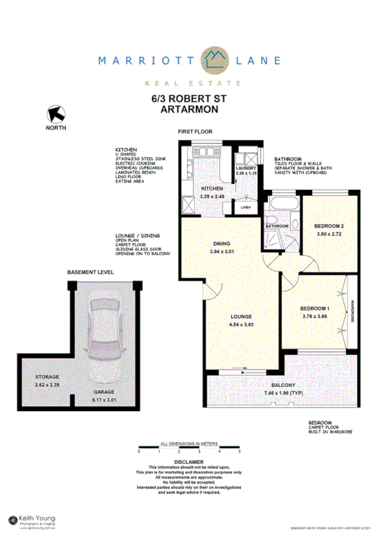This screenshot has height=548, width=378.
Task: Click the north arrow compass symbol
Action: pos(55,114)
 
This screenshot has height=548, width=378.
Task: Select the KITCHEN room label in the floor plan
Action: pos(213,189)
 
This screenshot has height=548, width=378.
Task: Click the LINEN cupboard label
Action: pos(246,206)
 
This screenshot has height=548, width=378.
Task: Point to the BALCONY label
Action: pos(283,385)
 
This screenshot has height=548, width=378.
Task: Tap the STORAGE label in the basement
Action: pos(47,377)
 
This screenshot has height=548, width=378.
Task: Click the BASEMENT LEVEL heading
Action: pos(90,272)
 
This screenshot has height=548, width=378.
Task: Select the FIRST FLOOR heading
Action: pos(195,132)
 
